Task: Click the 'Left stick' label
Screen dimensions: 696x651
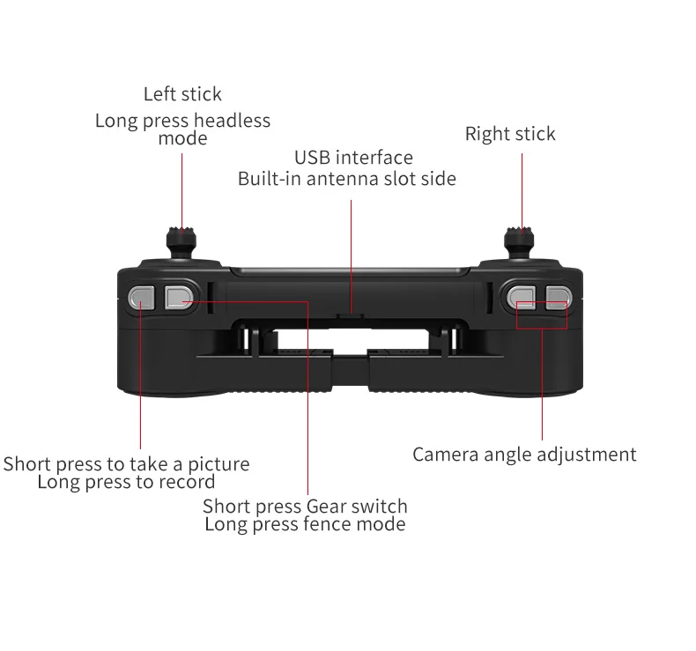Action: tap(182, 94)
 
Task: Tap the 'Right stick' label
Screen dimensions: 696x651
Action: tap(510, 134)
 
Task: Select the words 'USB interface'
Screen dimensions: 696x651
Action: tap(353, 159)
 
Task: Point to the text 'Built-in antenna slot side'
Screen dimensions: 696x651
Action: tap(347, 179)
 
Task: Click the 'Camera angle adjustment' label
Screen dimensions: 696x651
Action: tap(524, 455)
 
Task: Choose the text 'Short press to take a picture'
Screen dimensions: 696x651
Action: tap(126, 464)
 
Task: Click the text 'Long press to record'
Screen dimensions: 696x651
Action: tap(126, 482)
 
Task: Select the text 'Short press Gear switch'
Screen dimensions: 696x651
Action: tap(305, 507)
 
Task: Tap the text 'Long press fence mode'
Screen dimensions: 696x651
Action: tap(305, 524)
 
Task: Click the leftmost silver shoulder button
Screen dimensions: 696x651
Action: tap(142, 298)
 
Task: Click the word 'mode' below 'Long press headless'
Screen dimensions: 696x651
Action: tap(182, 139)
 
